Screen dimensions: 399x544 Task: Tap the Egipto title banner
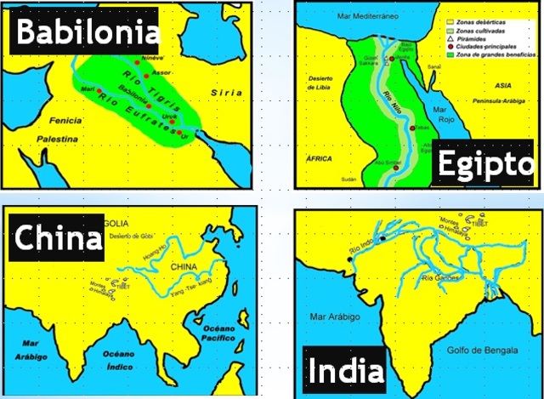(485, 167)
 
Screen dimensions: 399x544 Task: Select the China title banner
(57, 237)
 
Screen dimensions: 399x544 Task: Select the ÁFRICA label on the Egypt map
(316, 159)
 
